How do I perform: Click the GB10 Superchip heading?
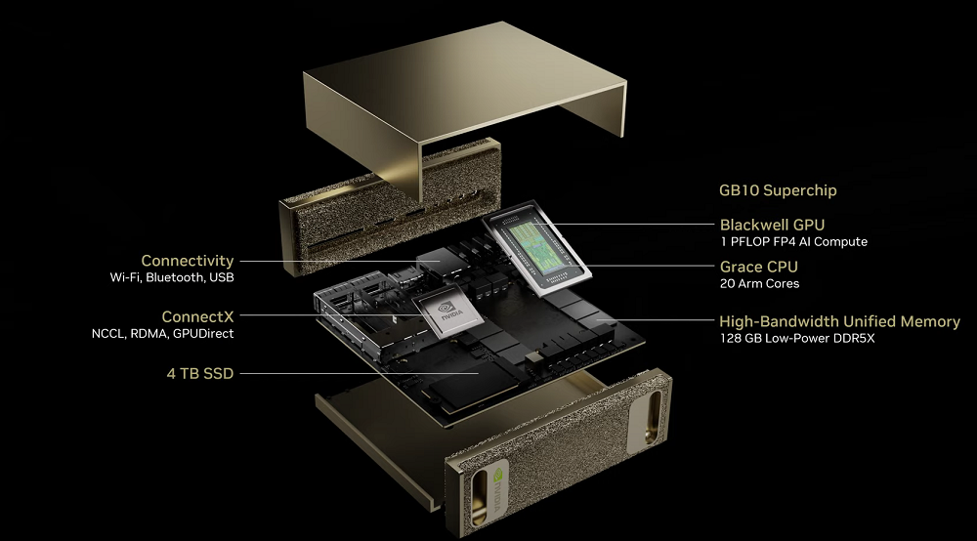[778, 190]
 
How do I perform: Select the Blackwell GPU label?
[772, 225]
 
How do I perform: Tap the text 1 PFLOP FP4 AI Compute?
[793, 241]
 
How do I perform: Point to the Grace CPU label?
[759, 267]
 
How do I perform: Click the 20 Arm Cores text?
[759, 283]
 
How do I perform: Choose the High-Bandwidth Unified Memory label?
[839, 321]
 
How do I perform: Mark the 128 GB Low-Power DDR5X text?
[797, 338]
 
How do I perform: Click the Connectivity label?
[187, 261]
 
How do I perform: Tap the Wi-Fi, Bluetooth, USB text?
[172, 277]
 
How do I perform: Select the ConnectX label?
[197, 316]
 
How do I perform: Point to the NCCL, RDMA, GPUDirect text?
[162, 334]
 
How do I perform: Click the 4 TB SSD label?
[200, 374]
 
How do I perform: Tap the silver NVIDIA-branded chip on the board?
[447, 312]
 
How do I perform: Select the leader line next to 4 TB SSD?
[360, 374]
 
